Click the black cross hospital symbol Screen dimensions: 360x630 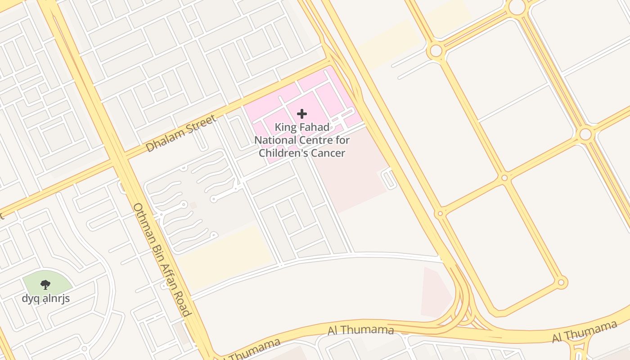point(302,114)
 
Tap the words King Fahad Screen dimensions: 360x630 point(302,127)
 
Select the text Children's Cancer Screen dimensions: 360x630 point(302,153)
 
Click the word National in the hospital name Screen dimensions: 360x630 point(276,140)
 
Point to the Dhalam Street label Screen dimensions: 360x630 point(181,133)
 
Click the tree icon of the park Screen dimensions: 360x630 point(45,284)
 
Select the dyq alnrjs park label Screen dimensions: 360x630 point(46,298)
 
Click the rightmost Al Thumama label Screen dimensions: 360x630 point(585,332)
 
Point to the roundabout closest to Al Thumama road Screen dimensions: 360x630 point(561,283)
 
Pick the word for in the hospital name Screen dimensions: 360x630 point(342,140)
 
